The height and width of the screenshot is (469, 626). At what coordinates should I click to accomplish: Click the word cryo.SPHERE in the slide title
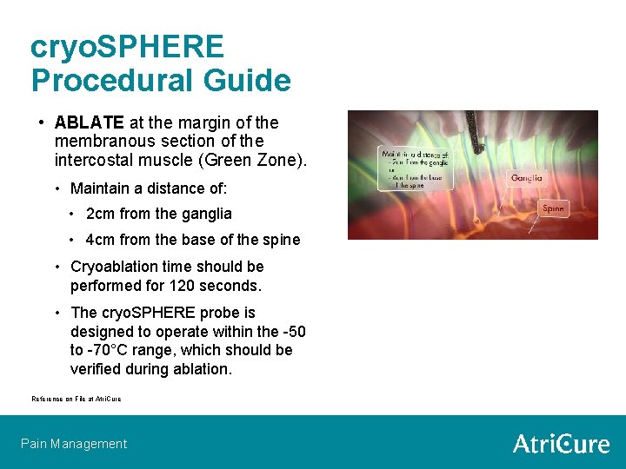(127, 47)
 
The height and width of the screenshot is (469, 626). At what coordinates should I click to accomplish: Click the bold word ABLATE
(89, 122)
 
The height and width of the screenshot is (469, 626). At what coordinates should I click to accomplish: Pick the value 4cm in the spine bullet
(101, 240)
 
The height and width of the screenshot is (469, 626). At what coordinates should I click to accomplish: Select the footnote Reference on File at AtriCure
(77, 399)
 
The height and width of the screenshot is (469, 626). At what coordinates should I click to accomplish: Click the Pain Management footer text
(74, 444)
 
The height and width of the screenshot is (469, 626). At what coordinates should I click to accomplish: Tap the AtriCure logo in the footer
(561, 444)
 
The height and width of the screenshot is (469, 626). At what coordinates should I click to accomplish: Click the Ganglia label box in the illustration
(526, 178)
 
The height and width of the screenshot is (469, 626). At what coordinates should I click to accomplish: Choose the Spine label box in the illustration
(553, 208)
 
